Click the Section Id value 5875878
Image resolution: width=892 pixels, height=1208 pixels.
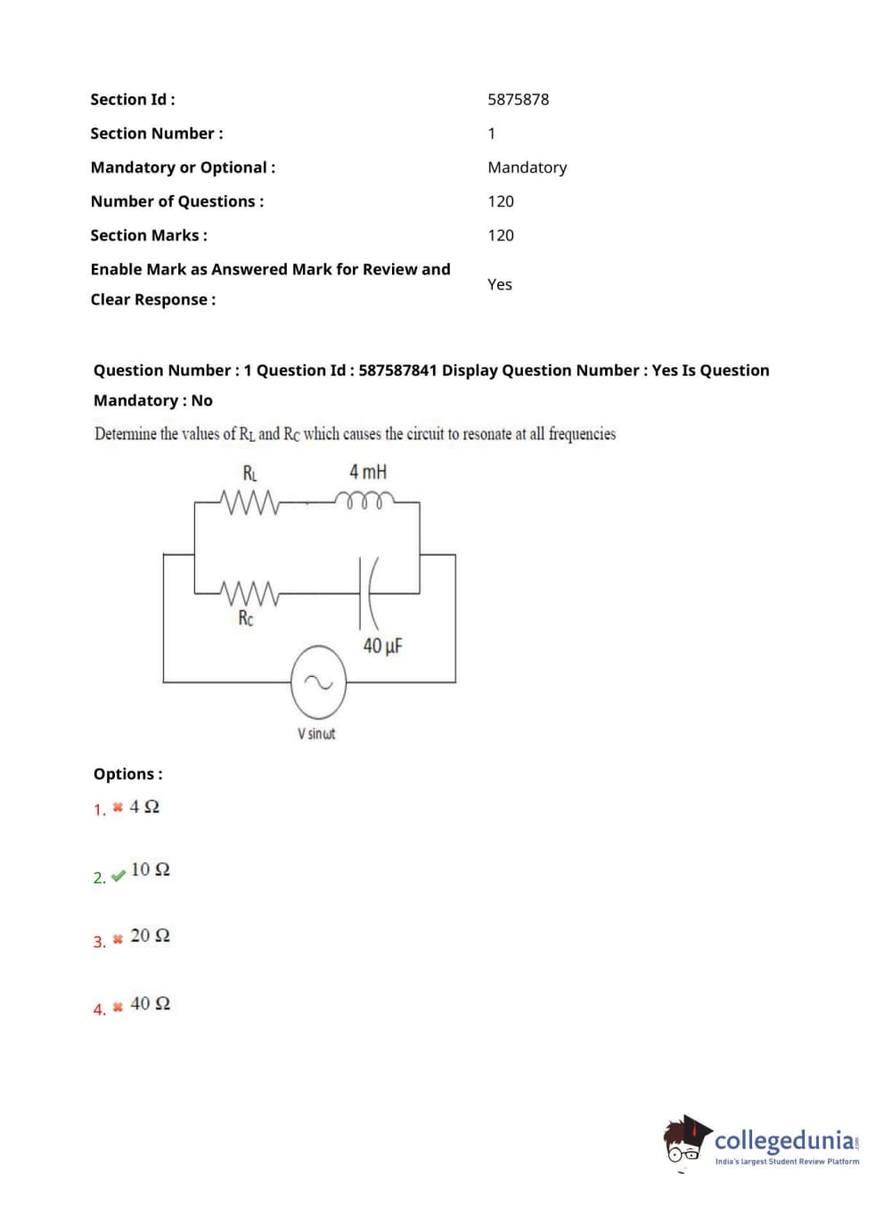518,100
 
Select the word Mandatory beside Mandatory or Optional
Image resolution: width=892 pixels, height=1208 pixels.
527,167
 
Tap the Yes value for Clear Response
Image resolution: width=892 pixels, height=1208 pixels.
499,284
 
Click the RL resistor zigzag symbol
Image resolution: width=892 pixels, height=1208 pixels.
250,503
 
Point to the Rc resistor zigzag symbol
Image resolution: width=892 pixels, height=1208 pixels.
250,592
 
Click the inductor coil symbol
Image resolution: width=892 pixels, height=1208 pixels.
363,500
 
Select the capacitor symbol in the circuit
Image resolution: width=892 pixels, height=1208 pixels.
367,592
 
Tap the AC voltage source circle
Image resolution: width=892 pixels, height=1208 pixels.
318,683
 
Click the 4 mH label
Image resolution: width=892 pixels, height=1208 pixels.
368,472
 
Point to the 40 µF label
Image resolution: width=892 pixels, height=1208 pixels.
382,646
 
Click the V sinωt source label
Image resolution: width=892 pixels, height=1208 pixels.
316,734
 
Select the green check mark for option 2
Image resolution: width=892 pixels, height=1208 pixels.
119,877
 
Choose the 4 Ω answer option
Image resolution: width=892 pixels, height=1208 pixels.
144,807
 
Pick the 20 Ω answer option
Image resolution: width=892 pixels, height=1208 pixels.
150,935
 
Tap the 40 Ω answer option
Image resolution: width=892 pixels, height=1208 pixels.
150,1004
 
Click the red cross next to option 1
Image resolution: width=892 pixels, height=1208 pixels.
118,808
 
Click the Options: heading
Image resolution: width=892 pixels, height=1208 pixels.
127,774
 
